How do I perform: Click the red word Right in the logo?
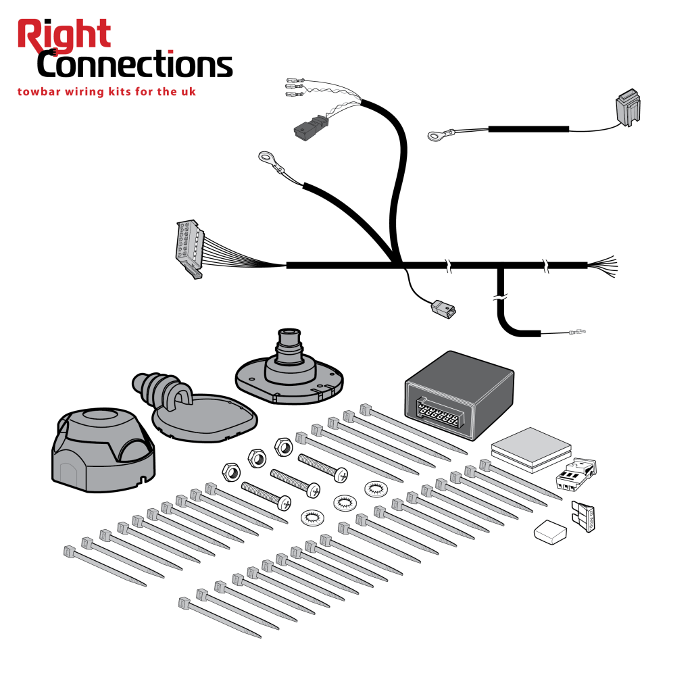pyautogui.click(x=64, y=35)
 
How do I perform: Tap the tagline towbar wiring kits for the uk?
pyautogui.click(x=106, y=91)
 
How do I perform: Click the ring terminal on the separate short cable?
pyautogui.click(x=434, y=136)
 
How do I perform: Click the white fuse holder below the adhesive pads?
pyautogui.click(x=575, y=474)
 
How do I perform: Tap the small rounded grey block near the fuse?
pyautogui.click(x=549, y=533)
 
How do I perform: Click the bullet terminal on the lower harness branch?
pyautogui.click(x=576, y=332)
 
